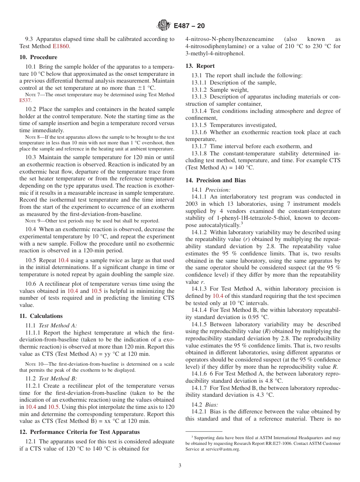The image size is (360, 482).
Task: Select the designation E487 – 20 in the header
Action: pyautogui.click(x=189, y=26)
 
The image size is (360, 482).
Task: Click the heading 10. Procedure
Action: pyautogui.click(x=38, y=57)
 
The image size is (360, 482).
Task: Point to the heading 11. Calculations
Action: pyautogui.click(x=41, y=316)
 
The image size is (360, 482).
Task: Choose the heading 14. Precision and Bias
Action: pyautogui.click(x=216, y=180)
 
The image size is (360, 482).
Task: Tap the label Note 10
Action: pyautogui.click(x=33, y=364)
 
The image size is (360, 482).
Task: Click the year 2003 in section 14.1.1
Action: pyautogui.click(x=192, y=204)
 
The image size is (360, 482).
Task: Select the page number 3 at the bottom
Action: pyautogui.click(x=180, y=466)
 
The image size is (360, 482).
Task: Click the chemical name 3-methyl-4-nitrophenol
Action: pyautogui.click(x=214, y=53)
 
